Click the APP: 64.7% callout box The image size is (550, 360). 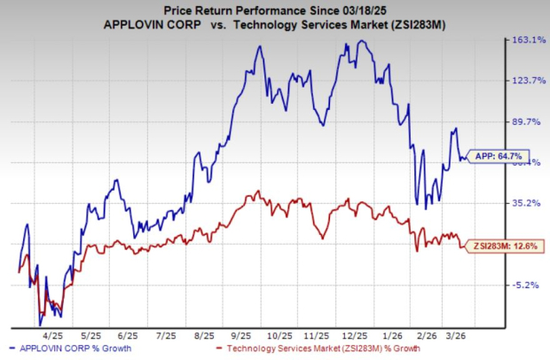coord(499,156)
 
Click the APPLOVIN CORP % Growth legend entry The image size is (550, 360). coord(73,348)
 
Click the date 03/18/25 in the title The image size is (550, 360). coord(359,9)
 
